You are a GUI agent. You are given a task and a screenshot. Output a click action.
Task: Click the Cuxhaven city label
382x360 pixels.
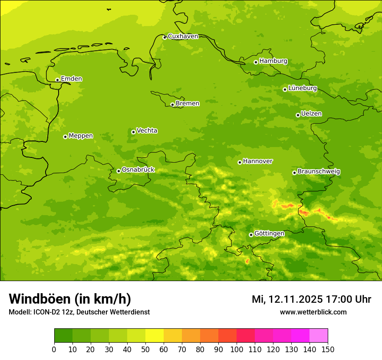[183, 36]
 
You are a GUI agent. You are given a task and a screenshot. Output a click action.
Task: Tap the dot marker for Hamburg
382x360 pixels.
[256, 62]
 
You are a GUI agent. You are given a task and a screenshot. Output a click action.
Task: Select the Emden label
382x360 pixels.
[71, 79]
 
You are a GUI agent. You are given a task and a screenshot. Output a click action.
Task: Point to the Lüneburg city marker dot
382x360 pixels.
[285, 89]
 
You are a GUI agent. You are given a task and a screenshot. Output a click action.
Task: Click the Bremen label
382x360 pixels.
[187, 104]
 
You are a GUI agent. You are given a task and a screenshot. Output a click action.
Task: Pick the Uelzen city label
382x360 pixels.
[311, 114]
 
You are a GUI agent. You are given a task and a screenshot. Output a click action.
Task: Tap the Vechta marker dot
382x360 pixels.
[133, 132]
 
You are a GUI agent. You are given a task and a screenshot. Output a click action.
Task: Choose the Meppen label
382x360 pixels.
[81, 136]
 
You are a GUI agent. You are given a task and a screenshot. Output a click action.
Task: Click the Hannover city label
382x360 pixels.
[257, 161]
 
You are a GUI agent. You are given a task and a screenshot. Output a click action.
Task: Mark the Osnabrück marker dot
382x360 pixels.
[119, 171]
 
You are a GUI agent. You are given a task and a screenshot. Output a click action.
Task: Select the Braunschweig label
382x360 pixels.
[319, 172]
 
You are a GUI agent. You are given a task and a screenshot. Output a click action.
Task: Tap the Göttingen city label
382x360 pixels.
[269, 234]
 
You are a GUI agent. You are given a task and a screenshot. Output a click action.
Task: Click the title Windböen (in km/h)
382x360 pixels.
[70, 299]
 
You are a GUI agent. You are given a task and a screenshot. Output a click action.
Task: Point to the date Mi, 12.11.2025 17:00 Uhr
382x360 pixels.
[311, 299]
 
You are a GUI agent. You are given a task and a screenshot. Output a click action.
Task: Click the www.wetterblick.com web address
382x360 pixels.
[313, 312]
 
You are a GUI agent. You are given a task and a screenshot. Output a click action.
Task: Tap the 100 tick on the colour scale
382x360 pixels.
[237, 349]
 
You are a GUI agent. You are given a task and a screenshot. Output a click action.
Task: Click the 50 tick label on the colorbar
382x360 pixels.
[145, 349]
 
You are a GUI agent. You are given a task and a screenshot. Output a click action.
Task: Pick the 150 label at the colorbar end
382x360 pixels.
[328, 349]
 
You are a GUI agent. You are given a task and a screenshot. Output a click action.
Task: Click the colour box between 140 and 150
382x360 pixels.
[319, 336]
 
